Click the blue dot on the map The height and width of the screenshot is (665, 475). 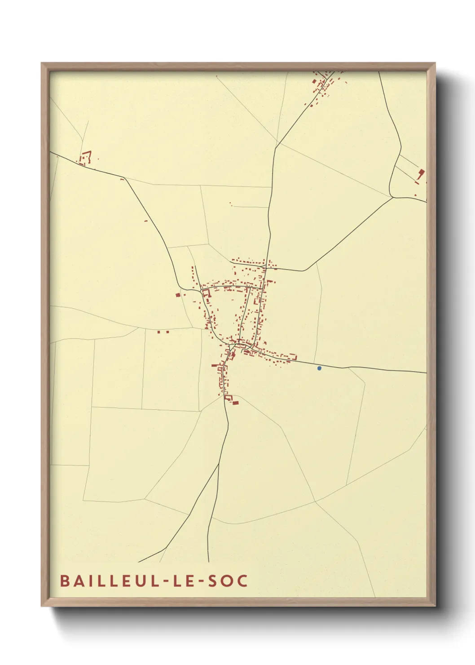[319, 368]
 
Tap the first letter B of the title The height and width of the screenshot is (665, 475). [64, 581]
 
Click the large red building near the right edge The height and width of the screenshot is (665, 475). [421, 174]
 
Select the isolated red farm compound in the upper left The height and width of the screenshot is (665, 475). [85, 158]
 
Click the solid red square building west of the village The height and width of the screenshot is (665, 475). [178, 295]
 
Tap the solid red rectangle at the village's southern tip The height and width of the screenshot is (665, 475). [235, 403]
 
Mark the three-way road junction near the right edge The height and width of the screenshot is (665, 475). [392, 196]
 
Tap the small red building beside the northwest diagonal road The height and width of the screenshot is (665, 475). [145, 221]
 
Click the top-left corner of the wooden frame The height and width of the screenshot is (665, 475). [42, 63]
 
